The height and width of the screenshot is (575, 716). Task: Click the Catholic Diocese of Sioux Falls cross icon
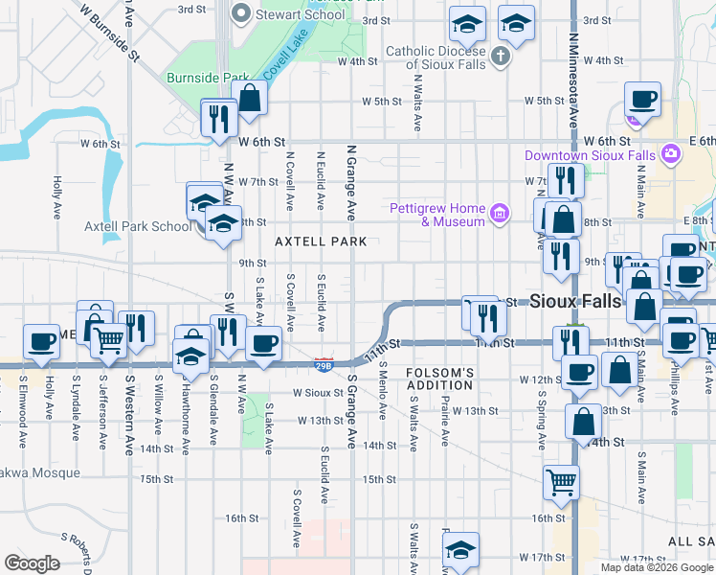[500, 57]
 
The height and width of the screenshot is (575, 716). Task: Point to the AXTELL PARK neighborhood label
[321, 242]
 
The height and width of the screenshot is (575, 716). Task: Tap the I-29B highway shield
[324, 363]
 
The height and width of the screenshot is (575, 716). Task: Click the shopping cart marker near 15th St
[561, 483]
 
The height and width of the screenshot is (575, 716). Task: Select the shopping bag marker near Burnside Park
[250, 99]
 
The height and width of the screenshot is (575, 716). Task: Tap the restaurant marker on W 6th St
[219, 120]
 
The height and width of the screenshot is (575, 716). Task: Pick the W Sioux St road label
[317, 393]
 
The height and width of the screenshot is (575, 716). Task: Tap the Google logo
[33, 563]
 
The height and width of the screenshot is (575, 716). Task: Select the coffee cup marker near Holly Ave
[42, 344]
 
